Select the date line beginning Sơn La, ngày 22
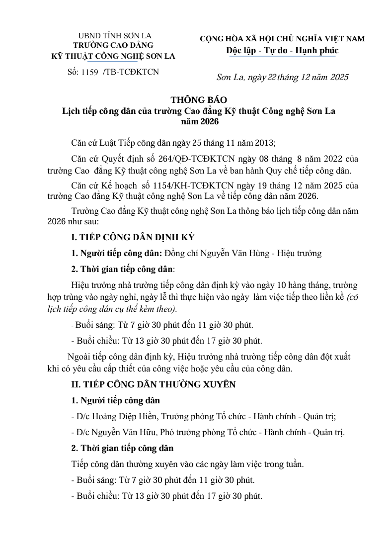[283, 77]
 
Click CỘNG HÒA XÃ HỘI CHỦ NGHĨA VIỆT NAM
[282, 39]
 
